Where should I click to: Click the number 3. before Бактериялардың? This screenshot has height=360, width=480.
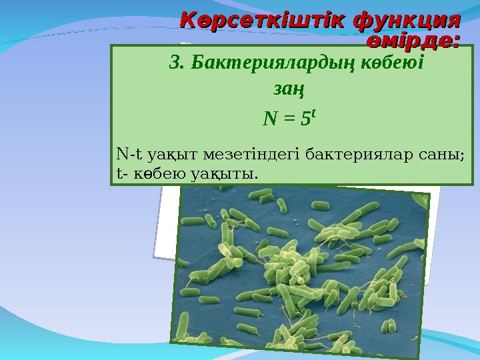(177, 63)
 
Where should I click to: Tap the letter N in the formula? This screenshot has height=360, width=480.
(270, 119)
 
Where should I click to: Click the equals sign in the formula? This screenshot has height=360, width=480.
(288, 120)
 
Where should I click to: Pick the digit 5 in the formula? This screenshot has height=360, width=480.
(305, 119)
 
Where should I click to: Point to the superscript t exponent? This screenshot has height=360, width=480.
(313, 114)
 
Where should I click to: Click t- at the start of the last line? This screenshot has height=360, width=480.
(121, 174)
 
